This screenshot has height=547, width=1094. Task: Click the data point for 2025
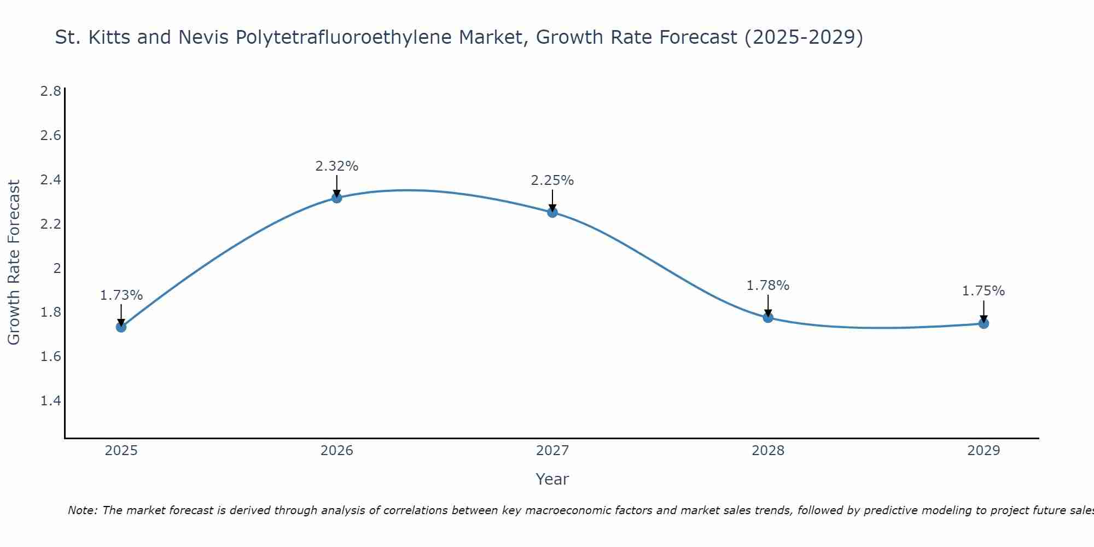point(121,327)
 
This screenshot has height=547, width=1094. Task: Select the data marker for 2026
point(337,197)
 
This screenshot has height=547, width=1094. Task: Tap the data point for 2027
point(552,212)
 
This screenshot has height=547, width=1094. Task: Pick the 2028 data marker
point(768,317)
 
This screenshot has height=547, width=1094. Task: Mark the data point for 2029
point(984,323)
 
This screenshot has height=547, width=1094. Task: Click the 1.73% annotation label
point(121,295)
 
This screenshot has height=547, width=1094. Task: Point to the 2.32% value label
point(337,166)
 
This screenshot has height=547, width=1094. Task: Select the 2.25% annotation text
point(552,181)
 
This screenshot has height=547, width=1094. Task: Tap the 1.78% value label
point(768,286)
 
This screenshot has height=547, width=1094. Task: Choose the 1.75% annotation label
point(984,291)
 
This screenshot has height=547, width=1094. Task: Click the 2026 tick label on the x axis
point(337,451)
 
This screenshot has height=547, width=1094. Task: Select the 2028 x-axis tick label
point(768,451)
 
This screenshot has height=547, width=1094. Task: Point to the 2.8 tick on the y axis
point(51,91)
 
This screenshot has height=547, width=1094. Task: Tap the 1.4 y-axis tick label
point(51,401)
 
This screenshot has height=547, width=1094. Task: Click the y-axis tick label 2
point(57,268)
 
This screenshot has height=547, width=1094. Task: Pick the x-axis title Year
point(552,479)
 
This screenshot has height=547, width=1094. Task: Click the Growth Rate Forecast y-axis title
point(14,263)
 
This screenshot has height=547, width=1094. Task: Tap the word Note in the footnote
point(82,510)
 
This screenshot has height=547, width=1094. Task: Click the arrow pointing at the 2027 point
point(552,200)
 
